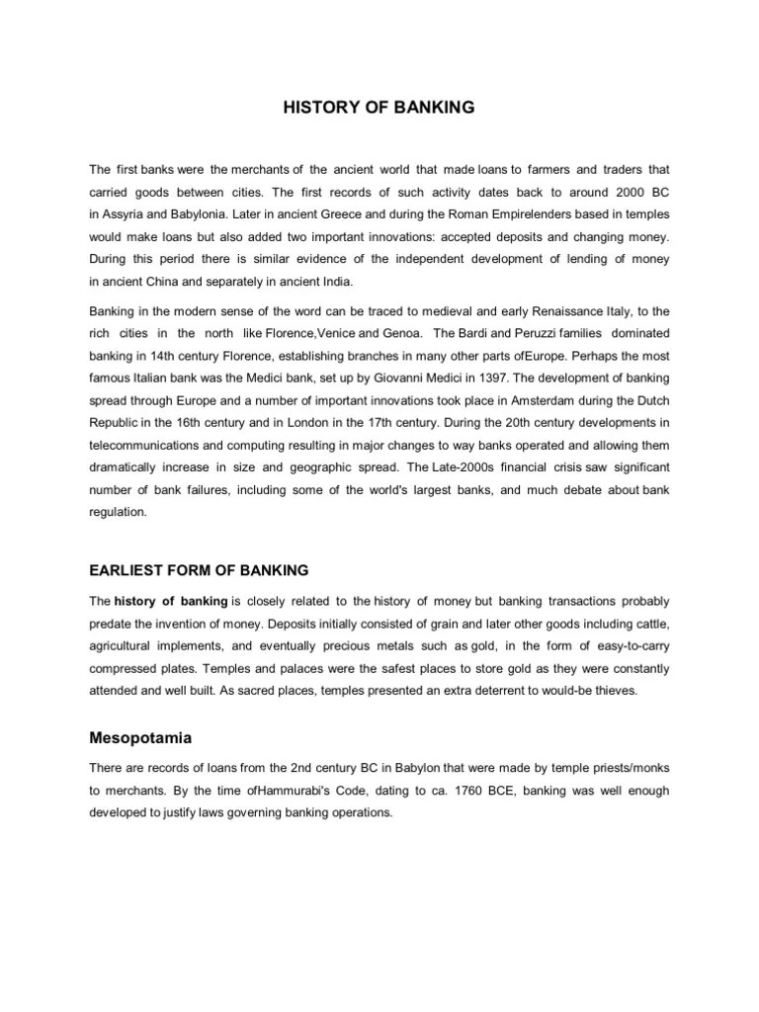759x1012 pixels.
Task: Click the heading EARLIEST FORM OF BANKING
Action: pos(200,570)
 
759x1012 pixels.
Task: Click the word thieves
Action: pos(617,691)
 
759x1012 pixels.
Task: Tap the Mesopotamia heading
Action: pos(139,737)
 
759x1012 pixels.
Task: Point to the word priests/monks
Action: pos(625,768)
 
